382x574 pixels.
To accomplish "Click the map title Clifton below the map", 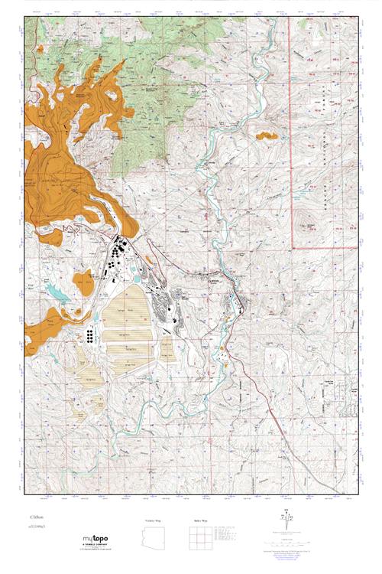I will (x=36, y=518).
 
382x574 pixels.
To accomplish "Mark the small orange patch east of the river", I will (x=266, y=136).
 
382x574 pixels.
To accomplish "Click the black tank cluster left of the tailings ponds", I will (x=91, y=335).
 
